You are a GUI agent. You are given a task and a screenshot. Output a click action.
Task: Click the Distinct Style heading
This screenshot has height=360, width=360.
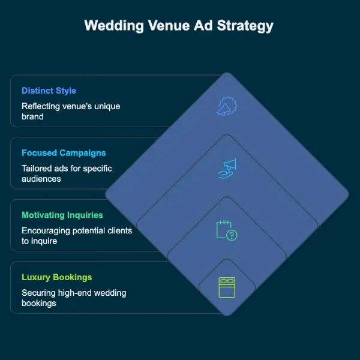click(49, 91)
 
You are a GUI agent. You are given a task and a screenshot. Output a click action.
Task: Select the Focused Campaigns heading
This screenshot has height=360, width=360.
click(64, 153)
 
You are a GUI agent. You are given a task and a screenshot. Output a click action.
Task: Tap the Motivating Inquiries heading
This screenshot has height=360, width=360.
click(62, 215)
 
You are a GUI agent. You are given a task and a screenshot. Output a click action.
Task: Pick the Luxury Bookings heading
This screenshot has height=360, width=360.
click(56, 277)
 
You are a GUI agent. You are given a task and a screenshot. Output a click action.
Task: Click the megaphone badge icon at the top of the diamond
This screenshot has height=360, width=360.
click(227, 106)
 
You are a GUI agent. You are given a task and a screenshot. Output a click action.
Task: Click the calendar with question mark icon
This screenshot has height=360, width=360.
click(227, 230)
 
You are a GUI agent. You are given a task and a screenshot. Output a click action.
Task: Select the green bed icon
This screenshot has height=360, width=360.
click(227, 286)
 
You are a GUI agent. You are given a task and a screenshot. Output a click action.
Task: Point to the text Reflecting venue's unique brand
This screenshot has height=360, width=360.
click(71, 111)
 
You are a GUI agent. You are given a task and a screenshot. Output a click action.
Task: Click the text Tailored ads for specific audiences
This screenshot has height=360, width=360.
click(67, 173)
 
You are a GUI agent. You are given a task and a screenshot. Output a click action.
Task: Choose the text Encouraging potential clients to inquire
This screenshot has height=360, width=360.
click(76, 235)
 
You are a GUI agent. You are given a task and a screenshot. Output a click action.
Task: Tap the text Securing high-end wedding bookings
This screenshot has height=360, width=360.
click(74, 298)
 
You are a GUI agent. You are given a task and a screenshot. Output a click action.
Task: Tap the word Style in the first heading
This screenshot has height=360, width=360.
click(65, 91)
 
